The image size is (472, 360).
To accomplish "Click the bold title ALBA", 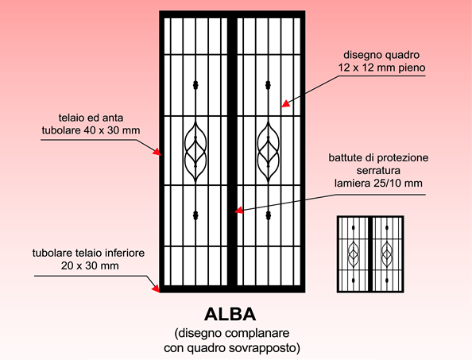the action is [230, 315].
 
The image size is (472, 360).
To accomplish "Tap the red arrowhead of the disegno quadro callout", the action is [285, 103].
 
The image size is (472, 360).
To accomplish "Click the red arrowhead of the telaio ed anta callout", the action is [157, 152].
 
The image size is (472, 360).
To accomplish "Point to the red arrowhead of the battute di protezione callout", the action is [238, 210].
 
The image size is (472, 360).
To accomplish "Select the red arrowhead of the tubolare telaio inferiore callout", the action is [156, 288].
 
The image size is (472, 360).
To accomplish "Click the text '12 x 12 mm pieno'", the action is [381, 68].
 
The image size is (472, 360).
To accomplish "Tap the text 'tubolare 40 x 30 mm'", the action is [91, 130].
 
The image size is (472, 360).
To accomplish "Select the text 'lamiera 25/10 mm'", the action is [378, 183].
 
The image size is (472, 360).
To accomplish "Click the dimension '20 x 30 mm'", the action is [90, 265].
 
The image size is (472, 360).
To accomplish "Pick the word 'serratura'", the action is [378, 170].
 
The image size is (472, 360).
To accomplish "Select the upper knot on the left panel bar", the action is [195, 85].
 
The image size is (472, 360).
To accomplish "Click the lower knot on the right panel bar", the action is [269, 215].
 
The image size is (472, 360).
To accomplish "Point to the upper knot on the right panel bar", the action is [269, 85].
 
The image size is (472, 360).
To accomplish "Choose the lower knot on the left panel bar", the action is [195, 215].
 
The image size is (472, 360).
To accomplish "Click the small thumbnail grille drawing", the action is [370, 254].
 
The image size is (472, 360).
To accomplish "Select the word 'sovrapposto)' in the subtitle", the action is [265, 348].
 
